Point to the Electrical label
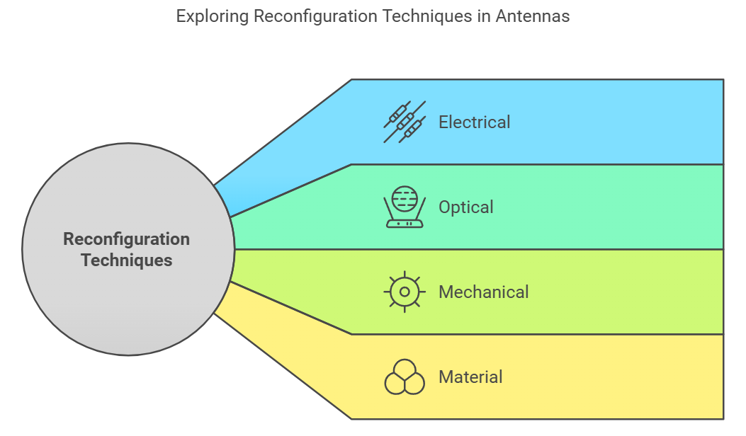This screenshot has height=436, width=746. tap(474, 122)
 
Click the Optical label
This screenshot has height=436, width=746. tap(465, 207)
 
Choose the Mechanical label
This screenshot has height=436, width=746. tap(483, 292)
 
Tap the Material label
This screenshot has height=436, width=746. tap(470, 377)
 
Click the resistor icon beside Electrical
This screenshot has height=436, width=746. tap(405, 122)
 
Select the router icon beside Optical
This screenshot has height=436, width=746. tap(405, 207)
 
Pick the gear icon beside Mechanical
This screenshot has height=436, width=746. tap(405, 292)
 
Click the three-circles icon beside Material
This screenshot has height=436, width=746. tap(405, 377)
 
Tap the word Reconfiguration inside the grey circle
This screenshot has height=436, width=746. tap(127, 239)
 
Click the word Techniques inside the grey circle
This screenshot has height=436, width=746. tap(127, 260)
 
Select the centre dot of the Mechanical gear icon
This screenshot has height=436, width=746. tap(405, 292)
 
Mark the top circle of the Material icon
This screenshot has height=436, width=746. tap(405, 369)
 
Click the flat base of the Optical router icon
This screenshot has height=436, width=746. tap(405, 224)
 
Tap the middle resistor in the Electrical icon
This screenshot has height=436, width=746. tap(405, 122)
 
